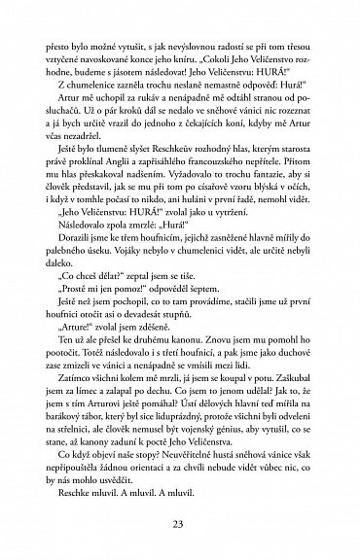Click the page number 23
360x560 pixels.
pos(180,526)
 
